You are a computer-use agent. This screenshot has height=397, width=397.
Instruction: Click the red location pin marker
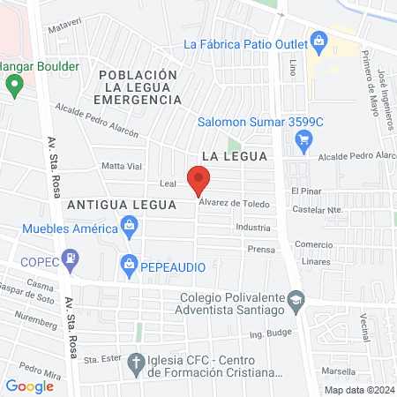click(199, 180)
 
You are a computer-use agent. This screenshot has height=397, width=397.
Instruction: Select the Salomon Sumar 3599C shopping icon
click(304, 138)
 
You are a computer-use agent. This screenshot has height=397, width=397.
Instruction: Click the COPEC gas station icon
click(71, 259)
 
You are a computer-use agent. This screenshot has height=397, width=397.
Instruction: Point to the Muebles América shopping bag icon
click(129, 229)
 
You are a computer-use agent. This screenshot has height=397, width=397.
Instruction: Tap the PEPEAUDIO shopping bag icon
click(129, 263)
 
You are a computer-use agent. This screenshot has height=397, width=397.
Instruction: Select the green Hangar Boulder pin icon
click(14, 85)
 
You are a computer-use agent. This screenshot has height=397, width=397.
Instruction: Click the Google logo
click(29, 386)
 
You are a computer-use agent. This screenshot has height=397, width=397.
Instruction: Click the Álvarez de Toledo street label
click(233, 203)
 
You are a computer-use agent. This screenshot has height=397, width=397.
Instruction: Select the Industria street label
click(253, 228)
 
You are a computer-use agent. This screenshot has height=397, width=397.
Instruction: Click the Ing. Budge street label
click(269, 333)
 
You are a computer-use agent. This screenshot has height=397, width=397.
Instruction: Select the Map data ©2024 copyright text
click(357, 390)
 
